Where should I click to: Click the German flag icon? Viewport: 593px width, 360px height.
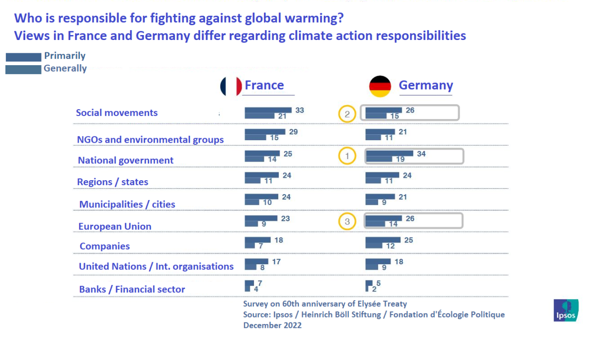[380, 86]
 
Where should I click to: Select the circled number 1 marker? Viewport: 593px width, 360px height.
[347, 157]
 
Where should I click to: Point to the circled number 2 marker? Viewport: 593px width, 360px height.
[347, 115]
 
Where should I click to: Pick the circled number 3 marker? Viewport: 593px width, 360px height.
[347, 222]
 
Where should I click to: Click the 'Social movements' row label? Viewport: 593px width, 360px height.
[117, 113]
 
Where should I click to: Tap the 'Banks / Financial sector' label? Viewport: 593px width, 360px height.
[132, 289]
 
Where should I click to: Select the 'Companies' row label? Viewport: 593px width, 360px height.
[105, 246]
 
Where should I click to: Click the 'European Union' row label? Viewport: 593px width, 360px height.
[115, 226]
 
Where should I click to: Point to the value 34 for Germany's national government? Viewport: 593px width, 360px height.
[422, 154]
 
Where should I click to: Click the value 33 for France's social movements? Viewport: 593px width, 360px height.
[299, 111]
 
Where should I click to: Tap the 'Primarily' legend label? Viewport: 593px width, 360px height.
[65, 56]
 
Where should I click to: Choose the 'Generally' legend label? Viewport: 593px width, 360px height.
[65, 69]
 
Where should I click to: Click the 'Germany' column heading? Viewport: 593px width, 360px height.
[425, 85]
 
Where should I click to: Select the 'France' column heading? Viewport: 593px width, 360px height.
[264, 85]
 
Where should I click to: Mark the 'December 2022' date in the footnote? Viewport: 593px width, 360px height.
[272, 325]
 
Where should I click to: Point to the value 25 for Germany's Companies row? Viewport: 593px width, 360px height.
[408, 240]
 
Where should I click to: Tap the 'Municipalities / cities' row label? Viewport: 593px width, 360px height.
[127, 204]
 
